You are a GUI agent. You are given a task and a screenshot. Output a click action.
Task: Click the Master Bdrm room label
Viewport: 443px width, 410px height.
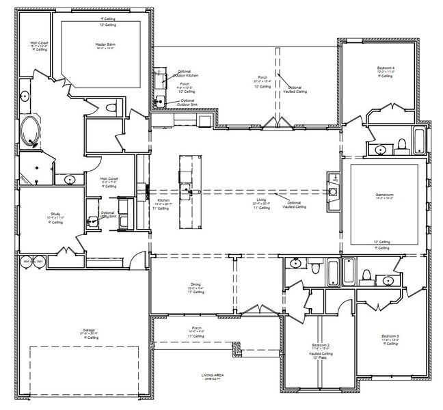coord(104,46)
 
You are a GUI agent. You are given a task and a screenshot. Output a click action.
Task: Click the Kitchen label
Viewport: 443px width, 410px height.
coord(163,202)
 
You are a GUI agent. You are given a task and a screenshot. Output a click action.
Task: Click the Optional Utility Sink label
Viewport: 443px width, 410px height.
coord(107,214)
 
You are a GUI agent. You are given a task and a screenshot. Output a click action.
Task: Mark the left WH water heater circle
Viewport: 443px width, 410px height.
coord(26,261)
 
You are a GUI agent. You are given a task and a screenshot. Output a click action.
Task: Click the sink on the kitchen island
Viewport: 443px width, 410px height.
coord(185,187)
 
